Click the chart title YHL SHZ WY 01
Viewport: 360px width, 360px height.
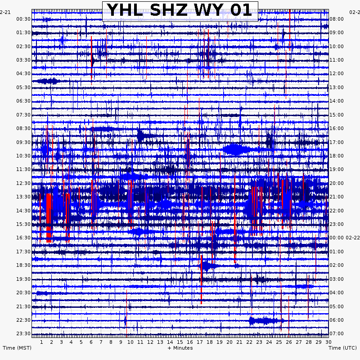coord(180,10)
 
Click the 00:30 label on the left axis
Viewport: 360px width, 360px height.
coord(23,19)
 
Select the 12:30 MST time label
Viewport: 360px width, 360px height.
coord(23,183)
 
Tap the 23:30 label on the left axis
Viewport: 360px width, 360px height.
coord(23,334)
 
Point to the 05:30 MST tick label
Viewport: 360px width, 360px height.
coord(23,87)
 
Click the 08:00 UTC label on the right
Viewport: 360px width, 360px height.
coord(337,19)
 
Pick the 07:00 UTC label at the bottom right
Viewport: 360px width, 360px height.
coord(337,334)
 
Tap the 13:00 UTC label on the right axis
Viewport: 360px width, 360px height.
coord(337,87)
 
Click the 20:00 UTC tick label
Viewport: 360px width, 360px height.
coord(337,183)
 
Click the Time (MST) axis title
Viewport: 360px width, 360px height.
coord(17,348)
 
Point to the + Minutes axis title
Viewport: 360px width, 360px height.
coord(180,348)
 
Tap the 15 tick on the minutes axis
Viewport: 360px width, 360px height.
coord(180,342)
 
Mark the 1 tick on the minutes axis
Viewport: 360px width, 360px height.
coord(41,342)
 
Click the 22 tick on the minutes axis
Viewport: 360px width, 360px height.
coord(249,342)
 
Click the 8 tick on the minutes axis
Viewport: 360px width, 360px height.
coord(111,342)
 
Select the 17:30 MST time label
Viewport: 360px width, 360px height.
coord(23,252)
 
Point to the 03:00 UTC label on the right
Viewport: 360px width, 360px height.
coord(337,279)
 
